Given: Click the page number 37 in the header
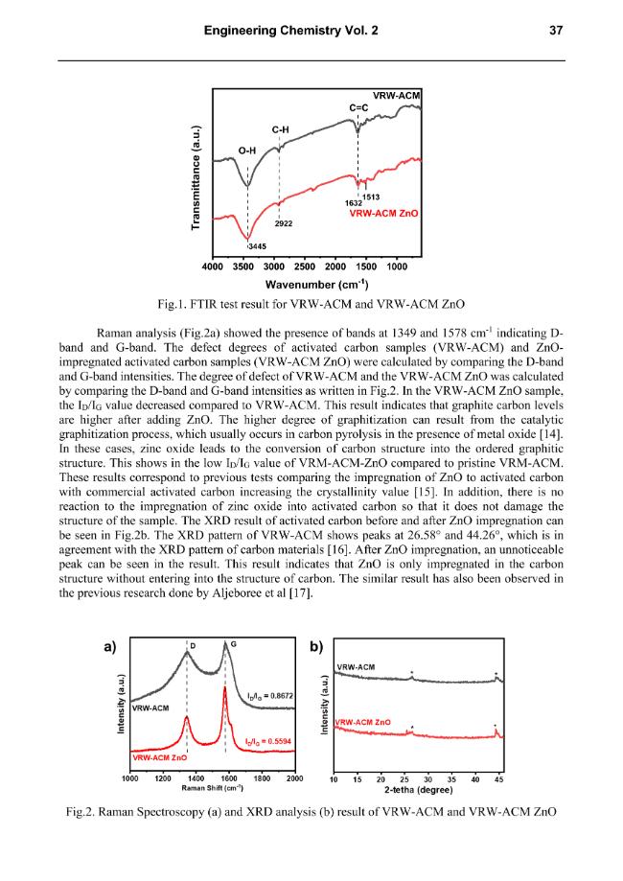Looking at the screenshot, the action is point(556,31).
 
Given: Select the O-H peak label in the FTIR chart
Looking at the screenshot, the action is point(247,151).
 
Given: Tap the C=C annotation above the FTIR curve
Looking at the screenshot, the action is point(358,107).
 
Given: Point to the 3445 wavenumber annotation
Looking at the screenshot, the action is point(257,246).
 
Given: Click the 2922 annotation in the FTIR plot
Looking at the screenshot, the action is point(284,223).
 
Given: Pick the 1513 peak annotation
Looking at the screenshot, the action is point(371,197).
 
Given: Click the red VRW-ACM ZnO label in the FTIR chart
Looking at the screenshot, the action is point(383,213).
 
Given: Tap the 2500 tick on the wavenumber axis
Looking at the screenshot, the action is point(305,267).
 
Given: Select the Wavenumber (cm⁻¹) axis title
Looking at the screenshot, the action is point(317,285).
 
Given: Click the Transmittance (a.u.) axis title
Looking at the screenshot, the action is point(196,177).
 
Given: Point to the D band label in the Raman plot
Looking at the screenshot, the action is point(193,646).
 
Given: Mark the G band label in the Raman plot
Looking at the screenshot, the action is point(233,644).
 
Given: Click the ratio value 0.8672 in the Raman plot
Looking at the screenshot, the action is point(270,696).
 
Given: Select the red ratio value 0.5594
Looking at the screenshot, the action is point(268,742).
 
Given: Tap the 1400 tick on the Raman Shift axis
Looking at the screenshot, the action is point(196,778).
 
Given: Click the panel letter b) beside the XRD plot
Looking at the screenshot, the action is point(317,647).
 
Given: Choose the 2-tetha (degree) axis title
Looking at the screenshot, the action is point(419,790).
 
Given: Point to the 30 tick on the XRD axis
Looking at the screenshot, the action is point(428,779).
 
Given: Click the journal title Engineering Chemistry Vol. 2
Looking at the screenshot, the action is point(291,31).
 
